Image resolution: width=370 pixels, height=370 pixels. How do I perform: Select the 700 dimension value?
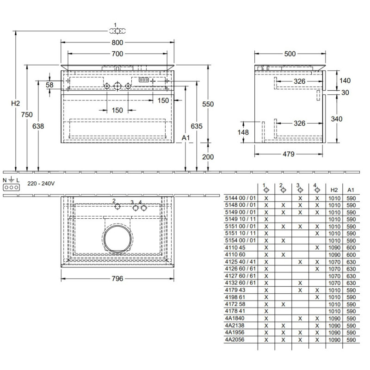(x=117, y=54)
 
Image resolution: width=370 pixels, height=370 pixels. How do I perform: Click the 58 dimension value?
(x=50, y=85)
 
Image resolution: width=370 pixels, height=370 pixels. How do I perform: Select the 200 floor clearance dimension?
(x=208, y=157)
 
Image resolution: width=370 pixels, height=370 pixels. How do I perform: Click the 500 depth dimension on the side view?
(x=290, y=54)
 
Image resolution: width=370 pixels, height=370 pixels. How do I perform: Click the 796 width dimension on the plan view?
(x=117, y=279)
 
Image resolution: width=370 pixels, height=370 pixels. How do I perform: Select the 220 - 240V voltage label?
(x=41, y=183)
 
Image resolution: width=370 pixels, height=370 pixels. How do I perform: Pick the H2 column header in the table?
(x=333, y=190)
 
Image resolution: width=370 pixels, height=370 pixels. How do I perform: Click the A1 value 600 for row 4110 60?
(x=351, y=255)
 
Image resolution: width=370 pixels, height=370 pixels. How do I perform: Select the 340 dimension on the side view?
(x=337, y=119)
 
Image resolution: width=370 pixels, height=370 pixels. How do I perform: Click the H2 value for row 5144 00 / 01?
(x=333, y=197)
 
